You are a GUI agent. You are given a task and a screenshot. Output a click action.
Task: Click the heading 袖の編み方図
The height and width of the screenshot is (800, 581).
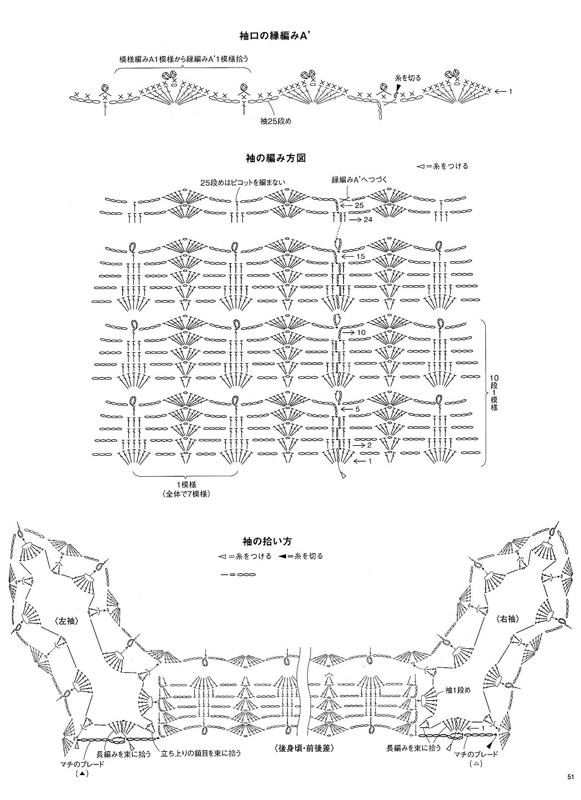click(276, 158)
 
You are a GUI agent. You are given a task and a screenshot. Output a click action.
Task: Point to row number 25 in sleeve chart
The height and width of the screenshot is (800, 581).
click(359, 206)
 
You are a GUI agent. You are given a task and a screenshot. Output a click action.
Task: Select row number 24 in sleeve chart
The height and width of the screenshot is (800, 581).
click(367, 220)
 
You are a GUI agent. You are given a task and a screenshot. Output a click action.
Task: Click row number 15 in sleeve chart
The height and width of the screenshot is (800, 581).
click(360, 256)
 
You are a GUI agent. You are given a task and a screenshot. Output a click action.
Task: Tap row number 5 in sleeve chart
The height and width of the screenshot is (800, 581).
click(357, 409)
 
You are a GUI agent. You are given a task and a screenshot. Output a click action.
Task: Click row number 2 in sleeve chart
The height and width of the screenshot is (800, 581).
click(369, 445)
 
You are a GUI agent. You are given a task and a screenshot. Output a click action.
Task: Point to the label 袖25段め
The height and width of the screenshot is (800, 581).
click(276, 121)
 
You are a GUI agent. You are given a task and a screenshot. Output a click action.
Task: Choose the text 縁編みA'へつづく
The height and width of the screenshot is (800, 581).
click(359, 179)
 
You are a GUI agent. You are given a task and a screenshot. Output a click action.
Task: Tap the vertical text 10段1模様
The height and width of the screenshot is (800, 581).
click(494, 393)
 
